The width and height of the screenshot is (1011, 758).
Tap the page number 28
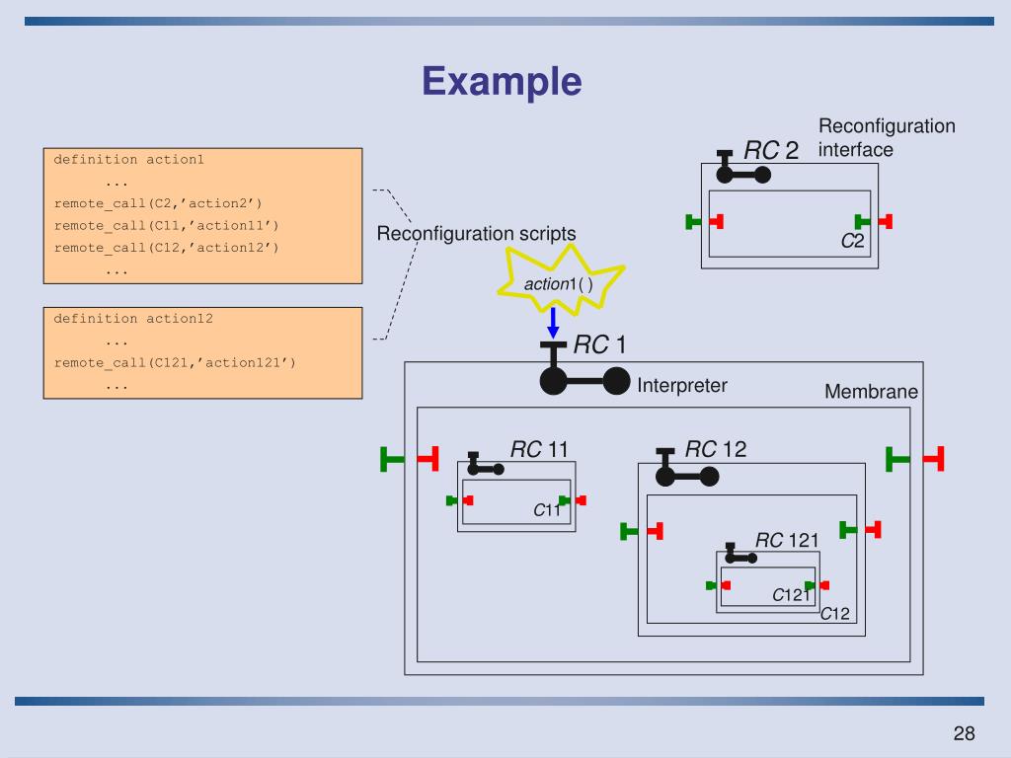point(964,733)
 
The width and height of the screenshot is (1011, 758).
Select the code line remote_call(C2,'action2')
point(158,203)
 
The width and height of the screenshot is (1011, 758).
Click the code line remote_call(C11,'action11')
point(166,226)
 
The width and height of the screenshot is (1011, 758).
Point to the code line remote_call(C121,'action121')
point(175,363)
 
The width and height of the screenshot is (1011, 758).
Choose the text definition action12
point(133,319)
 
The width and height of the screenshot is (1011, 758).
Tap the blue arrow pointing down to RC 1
point(553,323)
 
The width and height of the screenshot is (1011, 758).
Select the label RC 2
point(771,151)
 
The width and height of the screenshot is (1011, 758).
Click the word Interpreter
point(682,386)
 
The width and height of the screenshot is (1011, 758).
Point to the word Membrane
point(871,392)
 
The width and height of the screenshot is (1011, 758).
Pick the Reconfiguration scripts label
point(476,233)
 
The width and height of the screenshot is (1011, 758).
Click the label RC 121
point(787,540)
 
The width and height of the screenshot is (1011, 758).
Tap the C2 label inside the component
point(852,241)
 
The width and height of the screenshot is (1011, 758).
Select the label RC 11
point(539,449)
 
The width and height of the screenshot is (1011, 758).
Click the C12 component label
point(834,614)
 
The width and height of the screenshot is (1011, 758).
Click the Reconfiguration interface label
point(887,137)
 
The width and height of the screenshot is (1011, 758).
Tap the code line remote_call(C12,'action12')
point(166,248)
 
